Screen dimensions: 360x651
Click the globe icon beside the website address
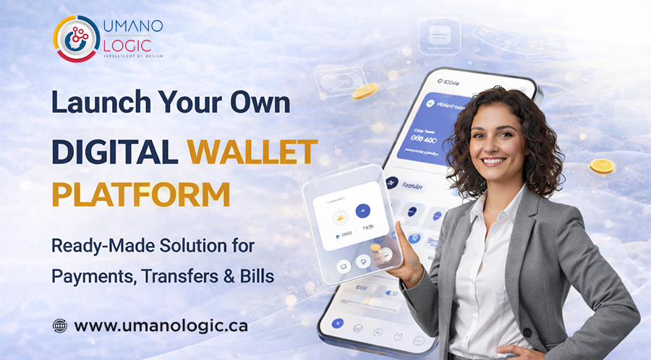60,325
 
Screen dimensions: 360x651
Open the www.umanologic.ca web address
161,325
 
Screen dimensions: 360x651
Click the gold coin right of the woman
601,167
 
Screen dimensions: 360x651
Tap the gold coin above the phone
365,91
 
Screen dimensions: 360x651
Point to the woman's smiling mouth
495,161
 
